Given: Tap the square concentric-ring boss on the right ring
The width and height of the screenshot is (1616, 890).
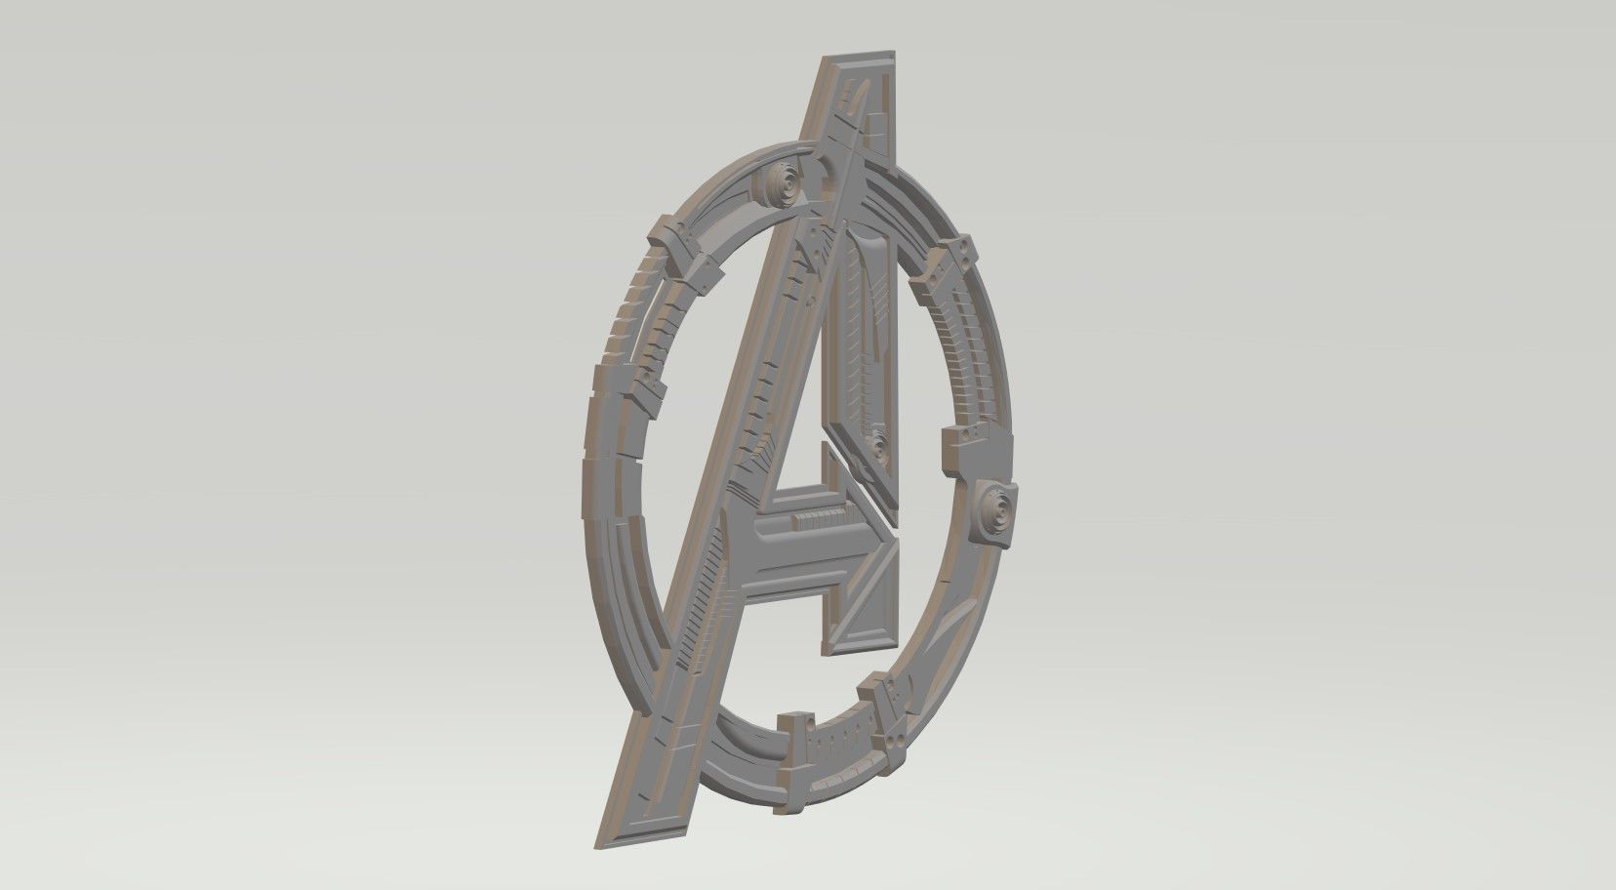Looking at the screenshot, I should click(996, 506).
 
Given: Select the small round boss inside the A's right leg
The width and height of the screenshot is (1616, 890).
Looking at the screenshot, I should click(879, 448).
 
